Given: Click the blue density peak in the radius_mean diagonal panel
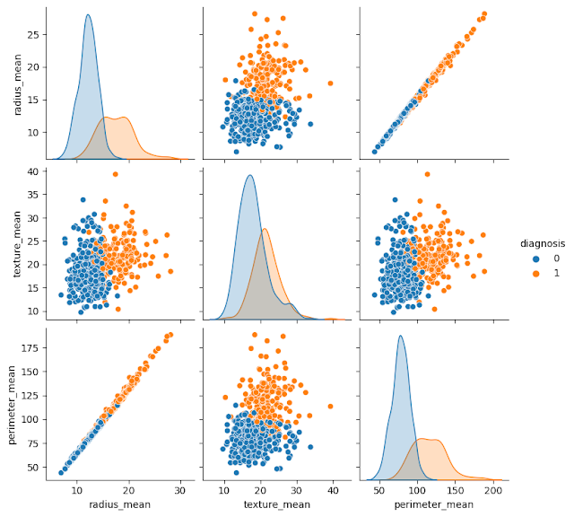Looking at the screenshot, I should pyautogui.click(x=87, y=15).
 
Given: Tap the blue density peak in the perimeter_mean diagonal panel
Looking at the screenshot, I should pyautogui.click(x=400, y=337).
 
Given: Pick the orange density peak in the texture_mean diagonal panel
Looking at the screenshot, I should pyautogui.click(x=265, y=229).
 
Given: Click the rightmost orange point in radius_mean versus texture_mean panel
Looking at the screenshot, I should pyautogui.click(x=331, y=83).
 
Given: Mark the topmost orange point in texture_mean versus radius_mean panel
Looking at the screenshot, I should pyautogui.click(x=115, y=174).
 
